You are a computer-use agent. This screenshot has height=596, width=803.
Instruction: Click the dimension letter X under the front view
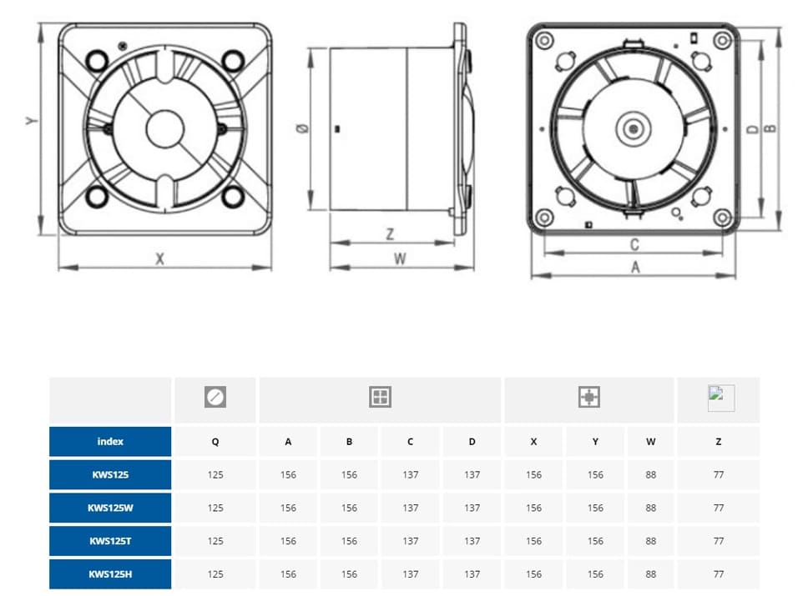tap(159, 258)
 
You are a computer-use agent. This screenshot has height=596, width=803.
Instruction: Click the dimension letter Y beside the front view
tap(32, 121)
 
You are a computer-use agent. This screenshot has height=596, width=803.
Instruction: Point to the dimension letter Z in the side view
tap(390, 234)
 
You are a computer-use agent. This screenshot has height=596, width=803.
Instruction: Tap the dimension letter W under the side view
tap(400, 258)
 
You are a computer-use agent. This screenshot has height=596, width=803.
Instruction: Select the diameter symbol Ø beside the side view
tap(302, 129)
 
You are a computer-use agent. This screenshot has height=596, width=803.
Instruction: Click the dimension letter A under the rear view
tap(635, 267)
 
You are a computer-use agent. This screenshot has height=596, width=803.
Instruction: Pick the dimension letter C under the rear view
tap(634, 244)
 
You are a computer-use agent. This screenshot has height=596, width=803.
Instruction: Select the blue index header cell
tap(110, 441)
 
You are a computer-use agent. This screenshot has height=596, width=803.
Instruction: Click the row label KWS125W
tap(110, 508)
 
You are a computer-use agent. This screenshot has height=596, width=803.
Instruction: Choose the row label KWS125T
tap(110, 541)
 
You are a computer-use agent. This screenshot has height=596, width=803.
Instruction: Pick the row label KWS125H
tap(110, 573)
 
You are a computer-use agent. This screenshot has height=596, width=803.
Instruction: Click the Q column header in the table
tap(215, 442)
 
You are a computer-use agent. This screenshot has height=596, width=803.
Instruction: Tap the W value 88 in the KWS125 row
tap(651, 474)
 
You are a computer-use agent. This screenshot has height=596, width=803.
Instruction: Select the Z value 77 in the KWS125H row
tap(719, 573)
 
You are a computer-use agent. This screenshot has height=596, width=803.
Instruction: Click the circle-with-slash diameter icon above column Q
tap(215, 398)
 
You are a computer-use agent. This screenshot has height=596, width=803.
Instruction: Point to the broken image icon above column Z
tap(720, 398)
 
